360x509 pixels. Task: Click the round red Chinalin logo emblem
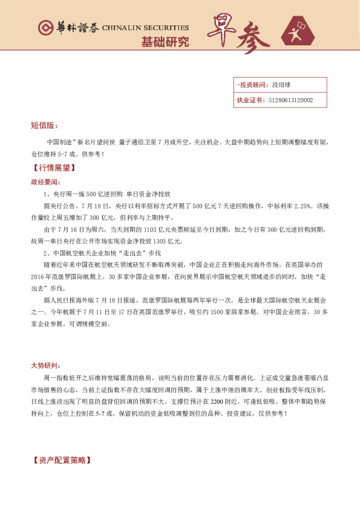(44, 28)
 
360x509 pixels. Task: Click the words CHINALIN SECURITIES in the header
(145, 28)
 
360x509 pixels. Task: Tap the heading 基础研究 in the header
(165, 42)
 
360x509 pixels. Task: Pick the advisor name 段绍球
(282, 85)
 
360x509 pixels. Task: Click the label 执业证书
(250, 100)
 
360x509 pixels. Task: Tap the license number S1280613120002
(290, 100)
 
